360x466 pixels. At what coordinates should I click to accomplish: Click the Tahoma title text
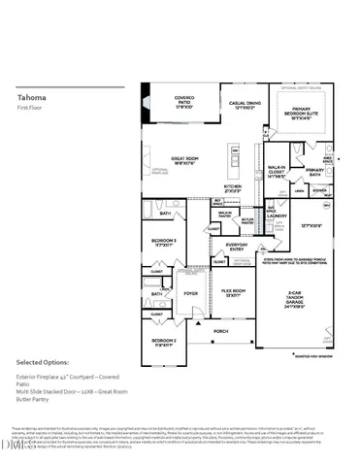pos(31,97)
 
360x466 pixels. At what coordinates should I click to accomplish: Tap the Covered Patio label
pos(184,101)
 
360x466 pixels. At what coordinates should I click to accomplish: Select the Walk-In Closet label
pos(277,173)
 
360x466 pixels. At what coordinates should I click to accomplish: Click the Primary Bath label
pos(320,172)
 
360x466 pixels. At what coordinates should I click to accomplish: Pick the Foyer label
pos(190,291)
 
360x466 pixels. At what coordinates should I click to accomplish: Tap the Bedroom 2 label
pos(162,342)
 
